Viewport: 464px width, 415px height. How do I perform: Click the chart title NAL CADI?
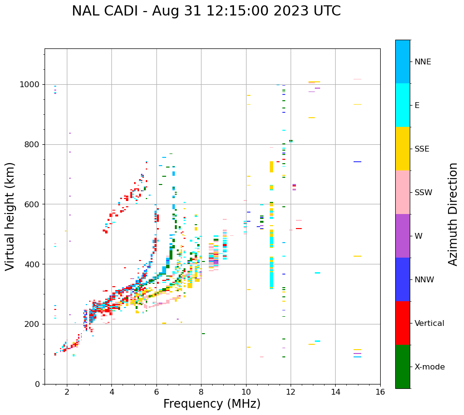[206, 11]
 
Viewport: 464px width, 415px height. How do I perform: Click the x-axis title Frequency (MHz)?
[212, 404]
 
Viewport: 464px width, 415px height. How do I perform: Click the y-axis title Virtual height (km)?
[10, 216]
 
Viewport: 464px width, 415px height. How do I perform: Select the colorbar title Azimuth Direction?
[453, 214]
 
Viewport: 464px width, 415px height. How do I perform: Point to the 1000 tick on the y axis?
[31, 85]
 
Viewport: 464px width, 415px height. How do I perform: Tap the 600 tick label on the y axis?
[33, 204]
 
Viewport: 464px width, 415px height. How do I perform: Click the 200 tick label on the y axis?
[33, 324]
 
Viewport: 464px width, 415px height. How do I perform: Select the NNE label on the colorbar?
[422, 62]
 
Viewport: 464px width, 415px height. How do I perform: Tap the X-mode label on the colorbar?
[429, 367]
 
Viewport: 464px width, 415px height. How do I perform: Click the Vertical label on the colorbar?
[429, 323]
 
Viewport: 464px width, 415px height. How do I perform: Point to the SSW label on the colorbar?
[423, 193]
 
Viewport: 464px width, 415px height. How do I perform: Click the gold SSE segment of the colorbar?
[402, 149]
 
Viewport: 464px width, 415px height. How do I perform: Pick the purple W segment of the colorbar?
[402, 236]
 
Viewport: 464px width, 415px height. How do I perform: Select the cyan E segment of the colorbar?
[402, 105]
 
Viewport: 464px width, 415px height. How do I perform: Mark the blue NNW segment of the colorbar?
[402, 279]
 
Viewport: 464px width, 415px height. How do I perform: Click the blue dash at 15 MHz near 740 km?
[357, 162]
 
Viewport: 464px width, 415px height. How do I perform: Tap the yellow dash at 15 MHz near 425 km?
[357, 256]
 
